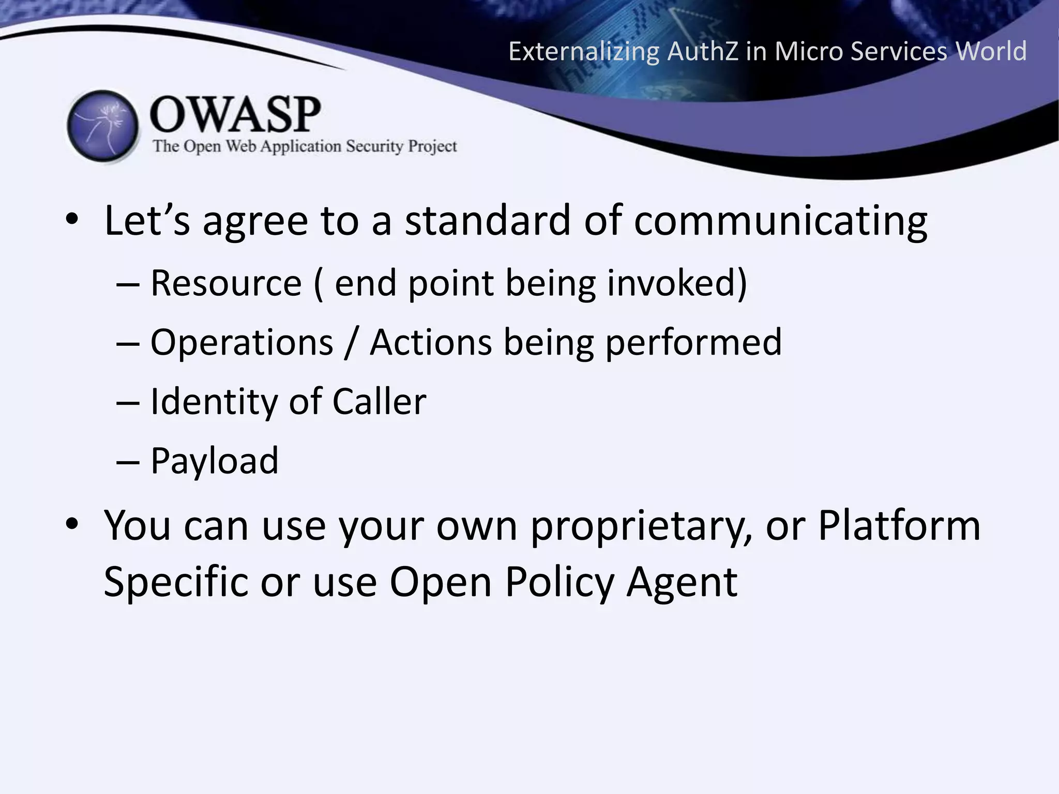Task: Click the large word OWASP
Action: (235, 115)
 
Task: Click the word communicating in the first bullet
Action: (780, 221)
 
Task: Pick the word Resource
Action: (226, 283)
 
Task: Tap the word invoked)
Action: (677, 283)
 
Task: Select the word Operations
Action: (241, 342)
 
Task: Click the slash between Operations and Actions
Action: (351, 343)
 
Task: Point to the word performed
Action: (693, 343)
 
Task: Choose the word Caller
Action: (379, 402)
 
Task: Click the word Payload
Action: (214, 461)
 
